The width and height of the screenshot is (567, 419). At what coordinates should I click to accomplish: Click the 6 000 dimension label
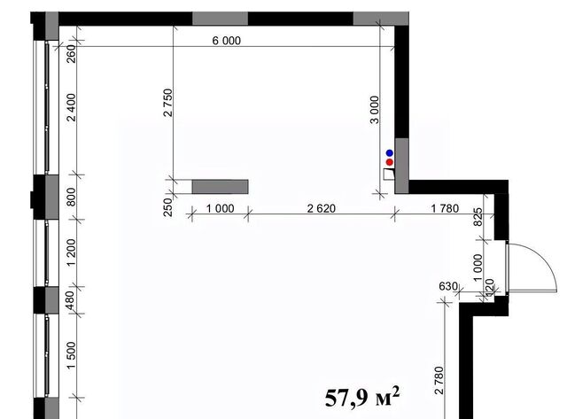[x=227, y=41]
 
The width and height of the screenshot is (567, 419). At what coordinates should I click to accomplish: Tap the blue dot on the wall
[x=390, y=153]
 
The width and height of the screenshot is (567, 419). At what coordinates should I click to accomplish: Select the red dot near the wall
[x=390, y=162]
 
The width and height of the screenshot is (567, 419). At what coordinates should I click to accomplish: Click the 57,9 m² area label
[x=362, y=397]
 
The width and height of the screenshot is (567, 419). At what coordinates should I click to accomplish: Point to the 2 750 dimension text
[x=168, y=102]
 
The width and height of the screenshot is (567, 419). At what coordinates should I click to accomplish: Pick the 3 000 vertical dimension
[x=375, y=110]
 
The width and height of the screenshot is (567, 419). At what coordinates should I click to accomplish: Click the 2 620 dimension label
[x=321, y=208]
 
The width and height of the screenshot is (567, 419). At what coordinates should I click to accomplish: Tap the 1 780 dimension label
[x=445, y=208]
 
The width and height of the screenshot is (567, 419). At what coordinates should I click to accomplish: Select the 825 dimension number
[x=478, y=217]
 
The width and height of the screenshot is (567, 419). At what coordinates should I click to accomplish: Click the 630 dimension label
[x=448, y=286]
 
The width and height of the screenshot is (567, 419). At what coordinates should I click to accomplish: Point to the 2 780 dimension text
[x=439, y=380]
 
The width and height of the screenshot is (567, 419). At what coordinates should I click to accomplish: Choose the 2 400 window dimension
[x=72, y=107]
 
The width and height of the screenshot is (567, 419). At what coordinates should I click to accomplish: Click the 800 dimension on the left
[x=72, y=197]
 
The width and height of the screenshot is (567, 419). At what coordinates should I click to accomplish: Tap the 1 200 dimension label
[x=72, y=252]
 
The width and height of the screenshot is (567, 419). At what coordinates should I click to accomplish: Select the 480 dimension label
[x=71, y=300]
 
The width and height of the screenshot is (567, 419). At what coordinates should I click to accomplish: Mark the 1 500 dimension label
[x=72, y=355]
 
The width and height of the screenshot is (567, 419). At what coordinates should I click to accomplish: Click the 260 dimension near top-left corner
[x=72, y=53]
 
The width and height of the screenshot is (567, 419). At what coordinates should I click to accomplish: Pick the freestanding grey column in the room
[x=220, y=187]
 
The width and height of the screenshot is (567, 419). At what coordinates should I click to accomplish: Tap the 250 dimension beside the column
[x=168, y=206]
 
